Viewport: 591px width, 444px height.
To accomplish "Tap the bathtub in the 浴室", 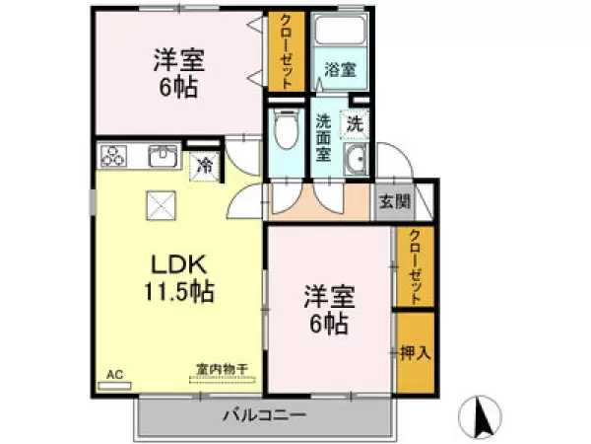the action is tap(341, 31).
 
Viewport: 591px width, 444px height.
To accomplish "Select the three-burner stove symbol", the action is tap(112, 156).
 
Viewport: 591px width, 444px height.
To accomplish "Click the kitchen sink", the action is tap(163, 156).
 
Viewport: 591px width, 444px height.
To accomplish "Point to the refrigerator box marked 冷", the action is tap(205, 166).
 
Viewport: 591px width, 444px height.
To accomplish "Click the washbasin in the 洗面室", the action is tap(357, 159).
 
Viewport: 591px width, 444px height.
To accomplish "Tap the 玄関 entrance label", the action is tap(395, 202).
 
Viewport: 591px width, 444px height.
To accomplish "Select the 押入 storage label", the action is tap(415, 352).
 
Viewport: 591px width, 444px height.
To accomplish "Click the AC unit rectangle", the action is tap(114, 386).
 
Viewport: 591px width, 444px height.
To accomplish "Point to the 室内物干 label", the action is tap(222, 369).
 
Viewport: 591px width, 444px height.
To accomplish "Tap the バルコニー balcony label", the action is tap(265, 415).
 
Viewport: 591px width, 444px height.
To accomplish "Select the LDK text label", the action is tap(179, 264).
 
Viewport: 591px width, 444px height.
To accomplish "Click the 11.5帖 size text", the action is tap(179, 291).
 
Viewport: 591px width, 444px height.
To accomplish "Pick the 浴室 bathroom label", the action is tap(341, 70).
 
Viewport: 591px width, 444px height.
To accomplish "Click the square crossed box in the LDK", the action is tap(162, 205).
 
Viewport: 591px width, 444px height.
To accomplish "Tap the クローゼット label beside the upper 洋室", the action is tap(287, 50).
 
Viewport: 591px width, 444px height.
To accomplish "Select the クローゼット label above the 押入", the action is tap(416, 266).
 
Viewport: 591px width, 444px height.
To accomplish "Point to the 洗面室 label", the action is tap(323, 137).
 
